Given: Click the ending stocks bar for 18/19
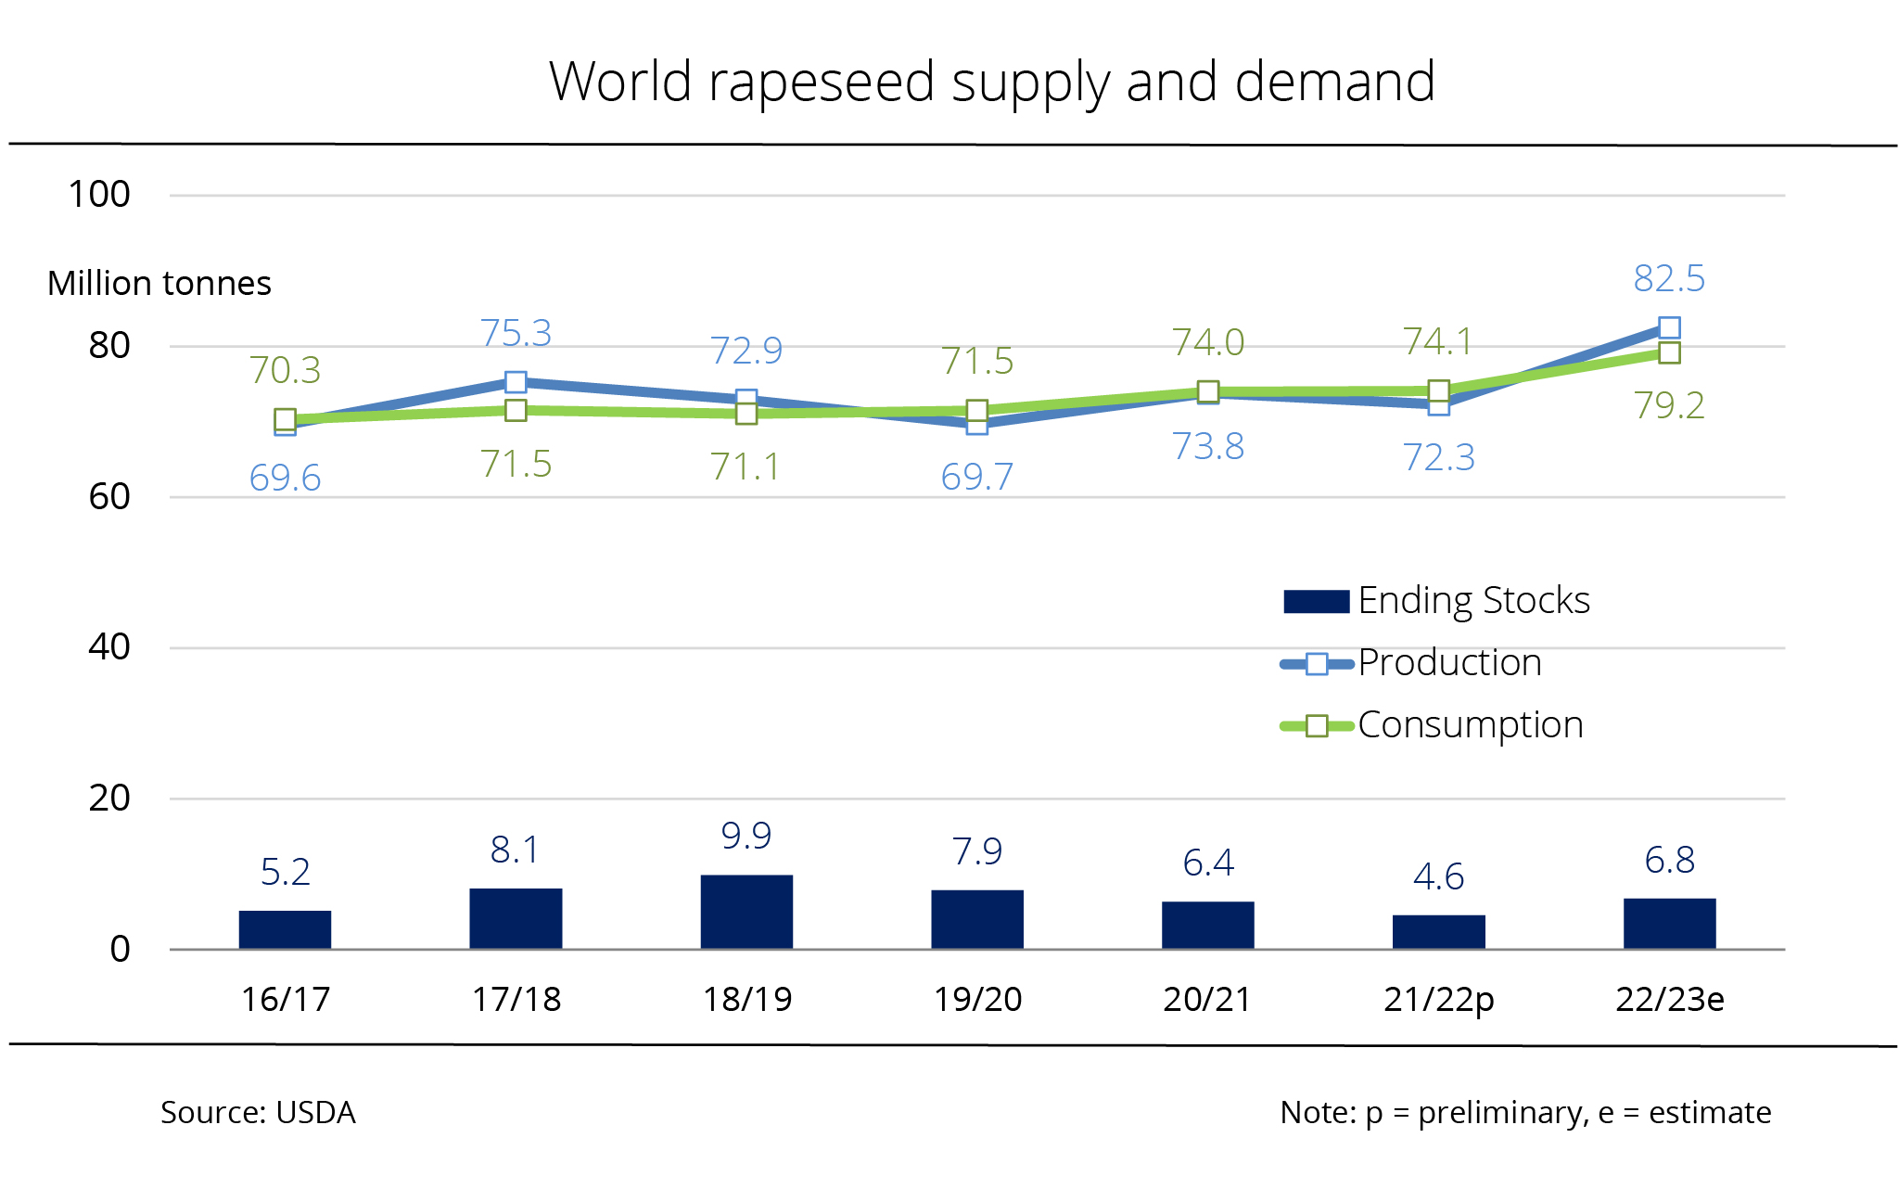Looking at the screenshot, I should (746, 911).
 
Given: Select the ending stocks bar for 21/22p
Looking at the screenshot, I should (1438, 931).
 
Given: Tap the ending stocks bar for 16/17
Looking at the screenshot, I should (285, 929).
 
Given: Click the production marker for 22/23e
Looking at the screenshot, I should (1669, 327).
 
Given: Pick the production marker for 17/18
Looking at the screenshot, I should (516, 382).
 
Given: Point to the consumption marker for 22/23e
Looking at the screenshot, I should (1669, 352).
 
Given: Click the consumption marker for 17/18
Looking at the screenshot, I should (516, 410).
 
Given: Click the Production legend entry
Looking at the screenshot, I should (1411, 663).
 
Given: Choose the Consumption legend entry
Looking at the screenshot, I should (1432, 725).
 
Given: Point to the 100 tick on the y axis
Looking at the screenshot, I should (98, 195).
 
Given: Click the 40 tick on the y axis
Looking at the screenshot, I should (108, 647).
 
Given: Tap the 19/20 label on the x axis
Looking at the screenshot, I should (977, 1000).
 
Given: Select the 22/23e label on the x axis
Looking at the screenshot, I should (1669, 1000).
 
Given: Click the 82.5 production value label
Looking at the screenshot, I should (1669, 278).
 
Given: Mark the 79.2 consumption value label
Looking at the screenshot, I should (1669, 405).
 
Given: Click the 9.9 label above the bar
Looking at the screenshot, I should (746, 836).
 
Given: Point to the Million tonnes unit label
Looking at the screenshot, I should (159, 283).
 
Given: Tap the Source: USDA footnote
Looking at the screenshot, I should (258, 1112).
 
